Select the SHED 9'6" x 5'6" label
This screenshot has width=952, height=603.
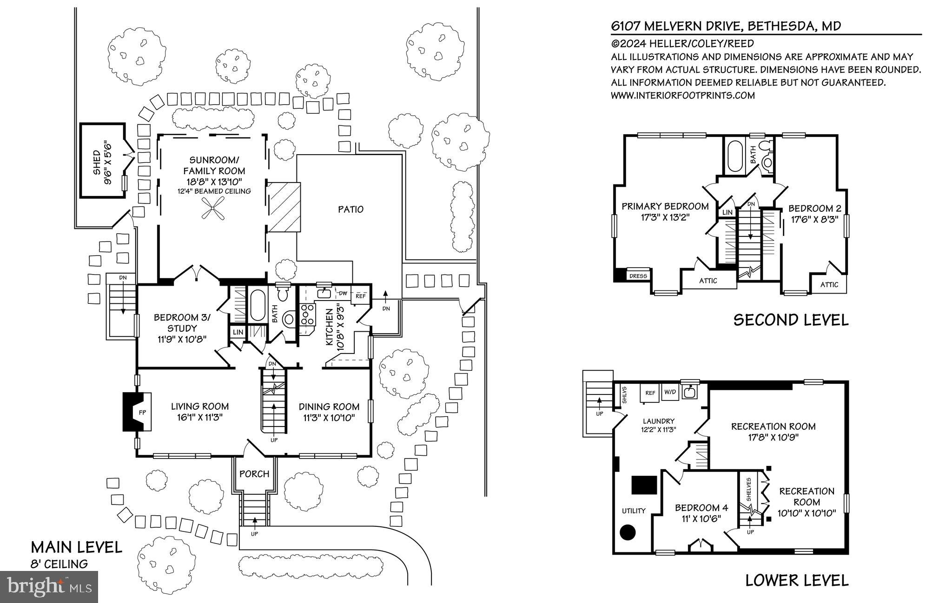coord(102,167)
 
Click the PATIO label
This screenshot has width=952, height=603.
coord(350,210)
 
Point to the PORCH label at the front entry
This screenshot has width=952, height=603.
coord(254,474)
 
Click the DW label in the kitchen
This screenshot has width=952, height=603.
coord(343,294)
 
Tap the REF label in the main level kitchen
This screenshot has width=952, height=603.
coord(361,296)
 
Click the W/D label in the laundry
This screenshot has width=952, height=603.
coord(670,392)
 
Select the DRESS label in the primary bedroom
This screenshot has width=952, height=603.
coord(638,276)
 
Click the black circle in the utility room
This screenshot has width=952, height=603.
coord(628,532)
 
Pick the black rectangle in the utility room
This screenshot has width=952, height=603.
coord(644,485)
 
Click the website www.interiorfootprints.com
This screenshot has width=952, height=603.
coord(682,96)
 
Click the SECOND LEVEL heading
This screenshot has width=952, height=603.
coord(791,320)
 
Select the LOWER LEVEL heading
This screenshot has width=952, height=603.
coord(797,580)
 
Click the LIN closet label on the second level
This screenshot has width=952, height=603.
coord(727,212)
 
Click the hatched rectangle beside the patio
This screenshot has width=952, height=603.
coord(284,207)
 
